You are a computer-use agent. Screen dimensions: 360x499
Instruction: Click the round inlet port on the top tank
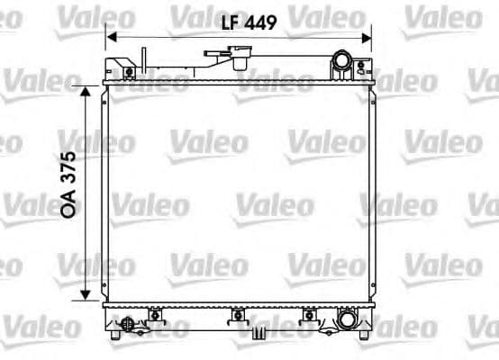(x=342, y=62)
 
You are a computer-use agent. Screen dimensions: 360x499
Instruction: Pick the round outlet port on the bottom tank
(x=347, y=319)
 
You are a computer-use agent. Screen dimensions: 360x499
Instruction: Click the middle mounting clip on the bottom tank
(x=238, y=315)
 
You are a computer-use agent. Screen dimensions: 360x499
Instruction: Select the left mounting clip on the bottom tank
(x=155, y=315)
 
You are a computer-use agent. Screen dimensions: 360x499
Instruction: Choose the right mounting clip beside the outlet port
(x=311, y=315)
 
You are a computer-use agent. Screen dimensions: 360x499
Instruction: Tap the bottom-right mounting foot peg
(x=364, y=335)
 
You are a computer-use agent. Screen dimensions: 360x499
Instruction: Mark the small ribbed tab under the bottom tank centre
(x=259, y=333)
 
